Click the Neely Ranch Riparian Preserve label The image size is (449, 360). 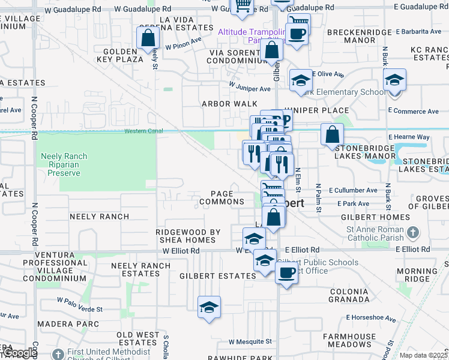(64, 165)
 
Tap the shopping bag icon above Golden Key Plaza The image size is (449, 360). (148, 39)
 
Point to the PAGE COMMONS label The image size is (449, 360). (222, 198)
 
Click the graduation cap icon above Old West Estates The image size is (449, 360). (209, 308)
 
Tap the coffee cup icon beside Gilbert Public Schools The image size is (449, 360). (286, 274)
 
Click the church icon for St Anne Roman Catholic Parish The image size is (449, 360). (412, 232)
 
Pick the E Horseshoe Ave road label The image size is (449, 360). (371, 318)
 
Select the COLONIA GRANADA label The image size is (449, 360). (349, 295)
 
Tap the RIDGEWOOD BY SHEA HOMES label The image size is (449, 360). (189, 236)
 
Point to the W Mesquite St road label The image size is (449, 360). (250, 341)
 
